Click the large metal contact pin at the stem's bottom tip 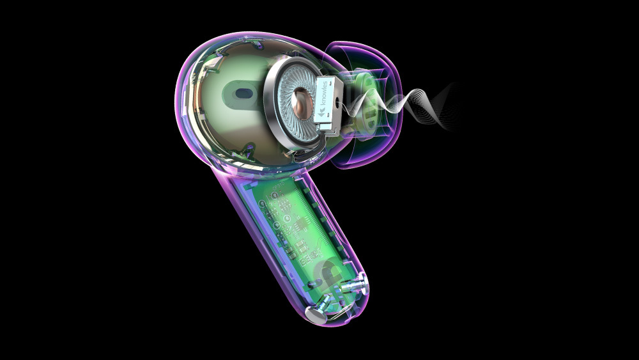[316, 314]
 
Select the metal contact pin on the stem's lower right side [354, 285]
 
